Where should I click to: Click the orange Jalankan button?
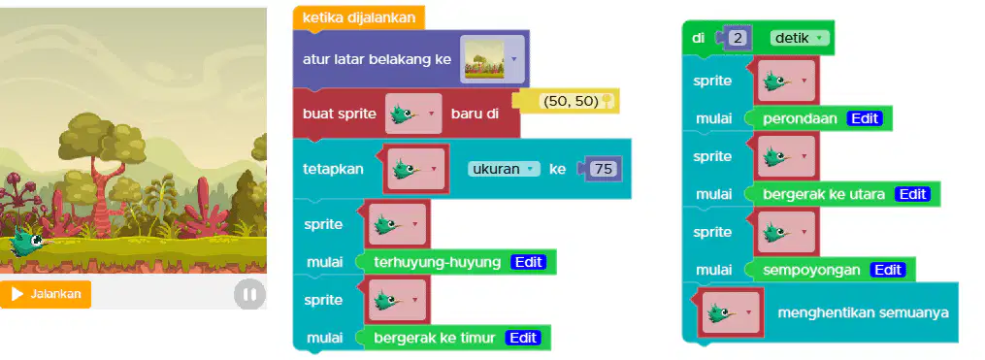point(46,294)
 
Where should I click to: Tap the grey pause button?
point(250,295)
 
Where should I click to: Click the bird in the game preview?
point(29,242)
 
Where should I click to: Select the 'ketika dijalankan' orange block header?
point(359,17)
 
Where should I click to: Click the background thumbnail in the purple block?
point(484,59)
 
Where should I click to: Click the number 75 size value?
point(603,169)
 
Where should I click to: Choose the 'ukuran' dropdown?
point(504,169)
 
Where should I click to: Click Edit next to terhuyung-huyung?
point(528,262)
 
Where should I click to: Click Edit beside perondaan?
point(865,118)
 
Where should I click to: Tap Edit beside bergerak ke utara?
point(912,194)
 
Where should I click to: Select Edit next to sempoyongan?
point(888,270)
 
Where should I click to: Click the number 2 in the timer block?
point(739,38)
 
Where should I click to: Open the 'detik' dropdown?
point(799,38)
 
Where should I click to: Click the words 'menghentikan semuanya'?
point(863,312)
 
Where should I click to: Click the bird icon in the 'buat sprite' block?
point(413,114)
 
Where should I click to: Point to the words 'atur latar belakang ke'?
point(377,60)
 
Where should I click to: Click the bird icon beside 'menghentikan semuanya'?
point(731,312)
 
